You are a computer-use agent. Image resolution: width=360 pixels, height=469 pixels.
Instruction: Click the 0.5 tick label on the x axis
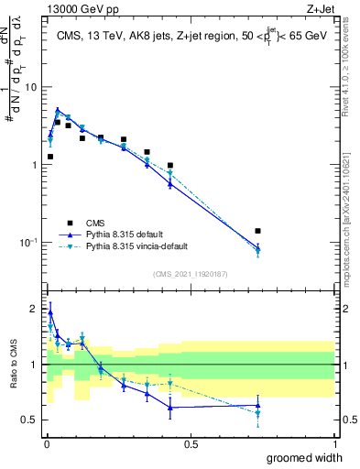[191, 444]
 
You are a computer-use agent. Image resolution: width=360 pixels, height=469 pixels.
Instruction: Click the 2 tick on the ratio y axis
[34, 309]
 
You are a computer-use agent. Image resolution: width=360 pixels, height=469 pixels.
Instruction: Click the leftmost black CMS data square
[49, 157]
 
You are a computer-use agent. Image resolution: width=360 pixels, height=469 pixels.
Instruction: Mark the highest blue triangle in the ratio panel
[49, 311]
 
